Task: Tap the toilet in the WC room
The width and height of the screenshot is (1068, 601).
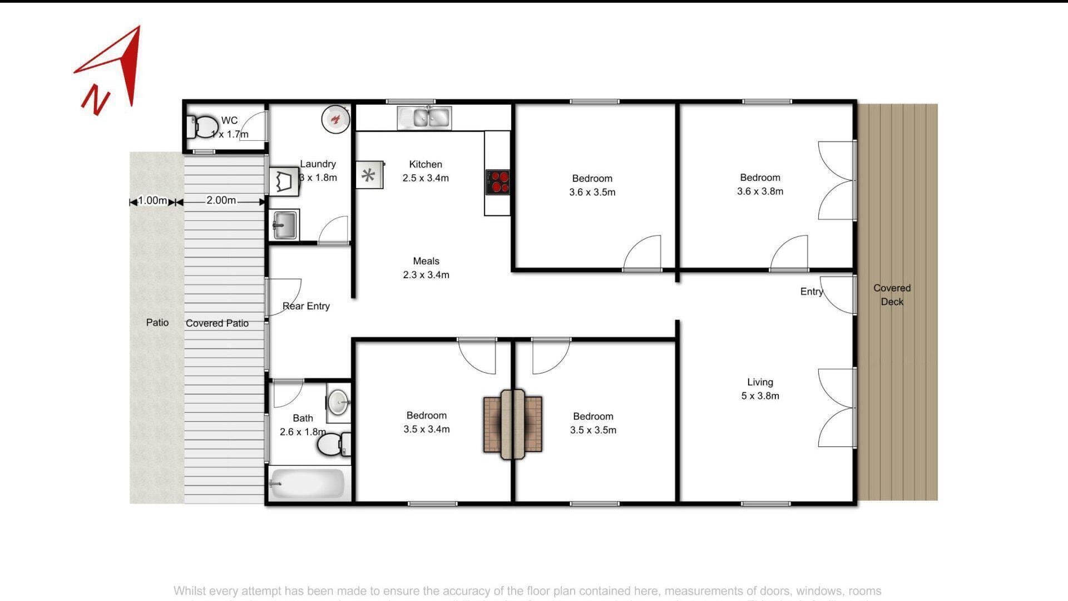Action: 202,127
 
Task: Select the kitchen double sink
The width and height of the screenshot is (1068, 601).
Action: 424,118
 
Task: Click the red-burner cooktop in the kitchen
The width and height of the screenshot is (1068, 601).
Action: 498,182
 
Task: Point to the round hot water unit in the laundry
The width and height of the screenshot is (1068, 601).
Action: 335,119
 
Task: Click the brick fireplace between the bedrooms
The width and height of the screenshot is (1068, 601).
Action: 512,425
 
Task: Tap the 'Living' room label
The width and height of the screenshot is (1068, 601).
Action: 760,382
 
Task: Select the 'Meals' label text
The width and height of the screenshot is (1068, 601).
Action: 426,261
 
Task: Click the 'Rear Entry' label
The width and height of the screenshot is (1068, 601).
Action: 306,306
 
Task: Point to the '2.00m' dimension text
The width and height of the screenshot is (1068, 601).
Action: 221,200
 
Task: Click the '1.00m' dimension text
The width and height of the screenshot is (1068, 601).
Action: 152,200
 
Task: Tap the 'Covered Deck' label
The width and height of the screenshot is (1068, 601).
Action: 892,295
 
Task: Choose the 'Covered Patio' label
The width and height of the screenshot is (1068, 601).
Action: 217,323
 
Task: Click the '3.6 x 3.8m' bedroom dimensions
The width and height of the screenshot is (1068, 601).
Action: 760,191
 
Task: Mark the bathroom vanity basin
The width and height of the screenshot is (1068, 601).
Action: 338,402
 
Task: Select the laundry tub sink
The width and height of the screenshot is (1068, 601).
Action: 284,225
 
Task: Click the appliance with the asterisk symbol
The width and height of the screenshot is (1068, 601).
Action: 369,176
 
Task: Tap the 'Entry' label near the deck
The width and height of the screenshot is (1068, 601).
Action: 811,292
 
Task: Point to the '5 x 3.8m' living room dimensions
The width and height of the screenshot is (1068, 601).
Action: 760,396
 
